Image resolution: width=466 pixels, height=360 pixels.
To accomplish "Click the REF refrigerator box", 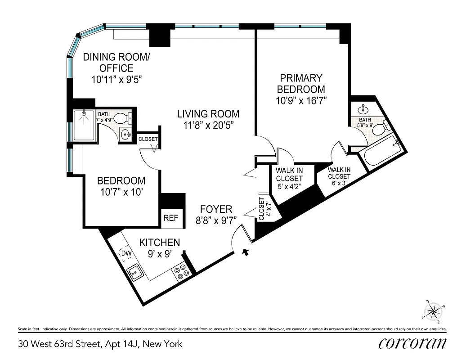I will (x=171, y=218).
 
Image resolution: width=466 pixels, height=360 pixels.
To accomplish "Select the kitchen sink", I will (x=134, y=272).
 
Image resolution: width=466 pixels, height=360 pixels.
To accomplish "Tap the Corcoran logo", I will (x=412, y=343).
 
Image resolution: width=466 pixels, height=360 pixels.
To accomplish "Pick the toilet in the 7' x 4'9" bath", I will (x=122, y=119).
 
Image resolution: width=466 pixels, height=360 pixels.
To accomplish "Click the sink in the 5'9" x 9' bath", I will (x=363, y=109).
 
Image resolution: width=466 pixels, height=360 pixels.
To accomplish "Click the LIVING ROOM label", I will (x=208, y=114).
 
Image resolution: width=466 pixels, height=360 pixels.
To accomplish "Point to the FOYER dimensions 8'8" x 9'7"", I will (x=216, y=220).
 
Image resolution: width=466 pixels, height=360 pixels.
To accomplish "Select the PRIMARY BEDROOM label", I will (x=300, y=83).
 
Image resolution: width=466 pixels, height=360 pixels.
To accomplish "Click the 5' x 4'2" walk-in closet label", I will (x=289, y=186).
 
